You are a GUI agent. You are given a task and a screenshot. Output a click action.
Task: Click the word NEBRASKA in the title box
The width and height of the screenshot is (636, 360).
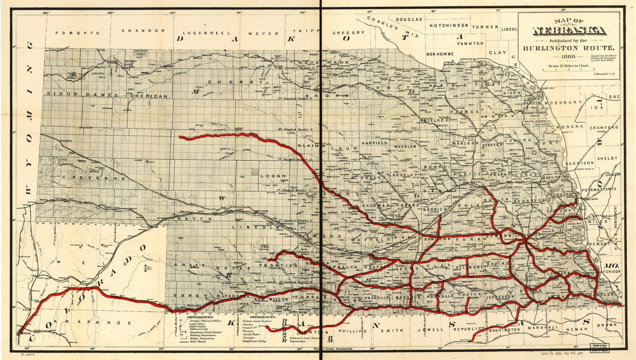click(x=570, y=31)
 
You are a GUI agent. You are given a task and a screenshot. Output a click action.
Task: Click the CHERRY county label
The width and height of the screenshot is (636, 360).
click(x=221, y=83)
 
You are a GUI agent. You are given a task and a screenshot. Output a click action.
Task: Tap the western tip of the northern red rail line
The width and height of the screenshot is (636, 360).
click(x=180, y=138)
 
